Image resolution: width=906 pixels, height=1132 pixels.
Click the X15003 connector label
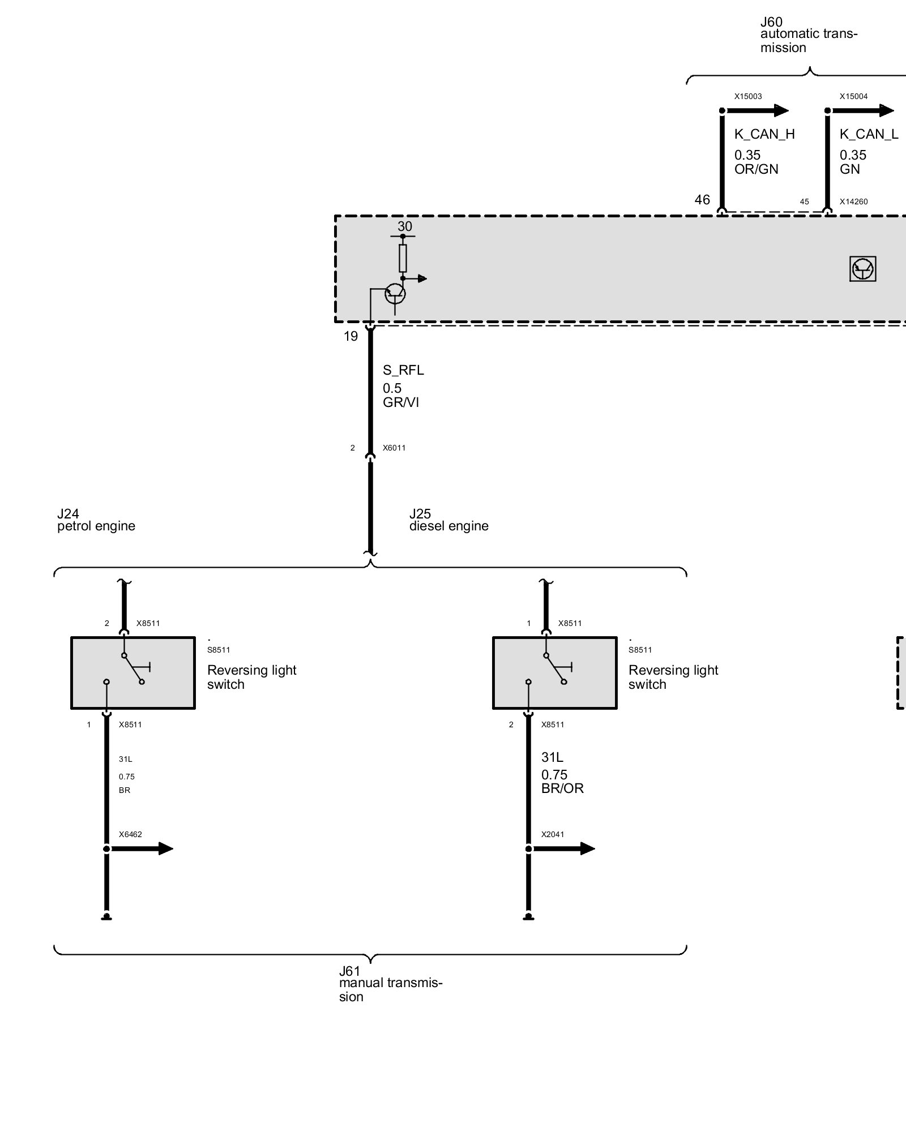748,96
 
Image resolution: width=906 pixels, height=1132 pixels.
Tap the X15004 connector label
853,96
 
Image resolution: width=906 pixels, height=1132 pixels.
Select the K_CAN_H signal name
764,134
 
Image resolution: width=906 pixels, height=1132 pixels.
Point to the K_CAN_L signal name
869,134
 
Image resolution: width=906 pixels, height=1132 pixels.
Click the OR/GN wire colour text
756,169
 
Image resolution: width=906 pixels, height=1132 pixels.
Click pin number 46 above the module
702,200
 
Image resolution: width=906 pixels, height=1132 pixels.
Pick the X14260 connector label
853,201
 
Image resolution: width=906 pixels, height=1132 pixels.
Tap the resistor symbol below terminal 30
403,258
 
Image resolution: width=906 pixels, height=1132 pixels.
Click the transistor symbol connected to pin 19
395,294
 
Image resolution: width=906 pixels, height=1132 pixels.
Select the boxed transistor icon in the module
862,269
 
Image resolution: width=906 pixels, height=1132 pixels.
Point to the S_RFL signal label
403,370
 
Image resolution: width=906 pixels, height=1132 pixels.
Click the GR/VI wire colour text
401,402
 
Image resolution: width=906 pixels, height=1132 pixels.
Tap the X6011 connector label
394,448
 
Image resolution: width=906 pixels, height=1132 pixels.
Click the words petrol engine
96,526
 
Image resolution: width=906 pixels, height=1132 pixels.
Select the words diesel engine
448,526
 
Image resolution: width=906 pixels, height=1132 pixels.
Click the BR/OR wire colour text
562,788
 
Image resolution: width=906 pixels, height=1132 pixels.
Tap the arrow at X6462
161,848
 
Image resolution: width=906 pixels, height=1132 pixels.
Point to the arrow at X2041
583,848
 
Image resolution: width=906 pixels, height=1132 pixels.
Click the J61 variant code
349,972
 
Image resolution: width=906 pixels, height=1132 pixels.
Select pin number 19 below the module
351,336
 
